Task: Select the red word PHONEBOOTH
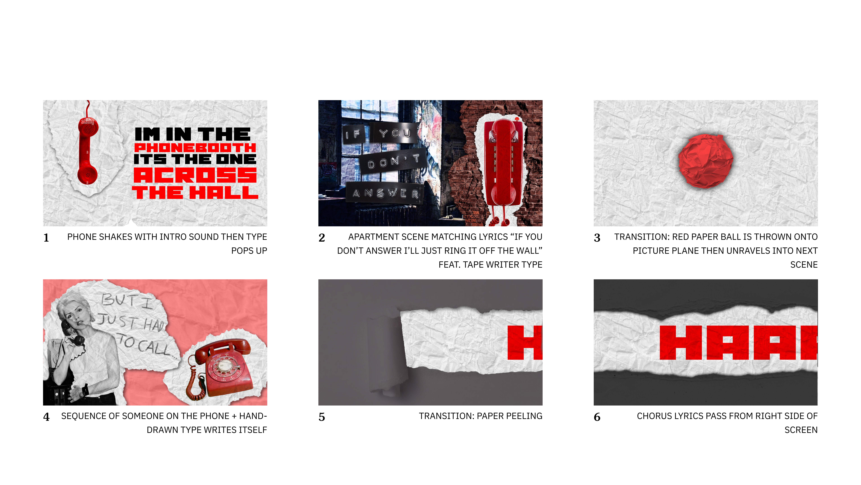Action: (x=195, y=148)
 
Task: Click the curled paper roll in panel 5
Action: (x=388, y=355)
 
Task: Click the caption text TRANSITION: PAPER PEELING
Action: (x=481, y=416)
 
